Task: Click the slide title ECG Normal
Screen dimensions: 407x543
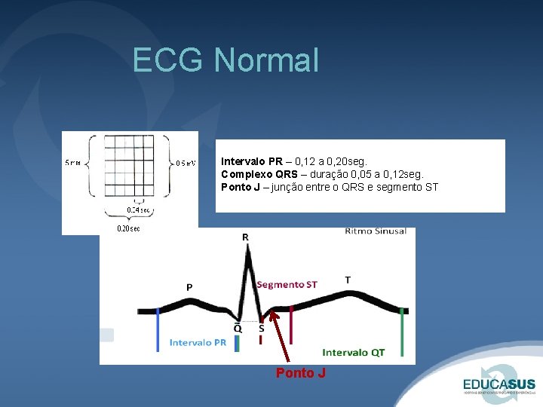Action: coord(225,60)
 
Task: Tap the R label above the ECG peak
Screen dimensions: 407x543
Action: coord(245,237)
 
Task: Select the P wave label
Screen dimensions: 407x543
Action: coord(189,286)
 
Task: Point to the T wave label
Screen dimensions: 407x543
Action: coord(347,280)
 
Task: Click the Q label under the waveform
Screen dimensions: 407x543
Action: coord(238,329)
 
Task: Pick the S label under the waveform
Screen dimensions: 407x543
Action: coord(261,329)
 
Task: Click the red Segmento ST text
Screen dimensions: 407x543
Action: coord(287,284)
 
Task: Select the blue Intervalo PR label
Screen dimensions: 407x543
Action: coord(198,342)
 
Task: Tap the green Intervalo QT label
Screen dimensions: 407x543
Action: coord(353,352)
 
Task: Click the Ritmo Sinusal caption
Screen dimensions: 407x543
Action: coord(375,231)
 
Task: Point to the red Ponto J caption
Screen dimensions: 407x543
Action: coord(300,373)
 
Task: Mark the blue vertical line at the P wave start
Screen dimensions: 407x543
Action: coord(158,329)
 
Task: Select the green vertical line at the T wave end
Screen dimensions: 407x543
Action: coord(402,332)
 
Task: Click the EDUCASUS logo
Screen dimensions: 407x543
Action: coord(499,381)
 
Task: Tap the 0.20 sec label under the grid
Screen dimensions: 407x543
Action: coord(127,228)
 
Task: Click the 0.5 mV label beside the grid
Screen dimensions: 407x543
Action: coord(186,162)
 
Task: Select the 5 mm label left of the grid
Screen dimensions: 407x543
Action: coord(74,162)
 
